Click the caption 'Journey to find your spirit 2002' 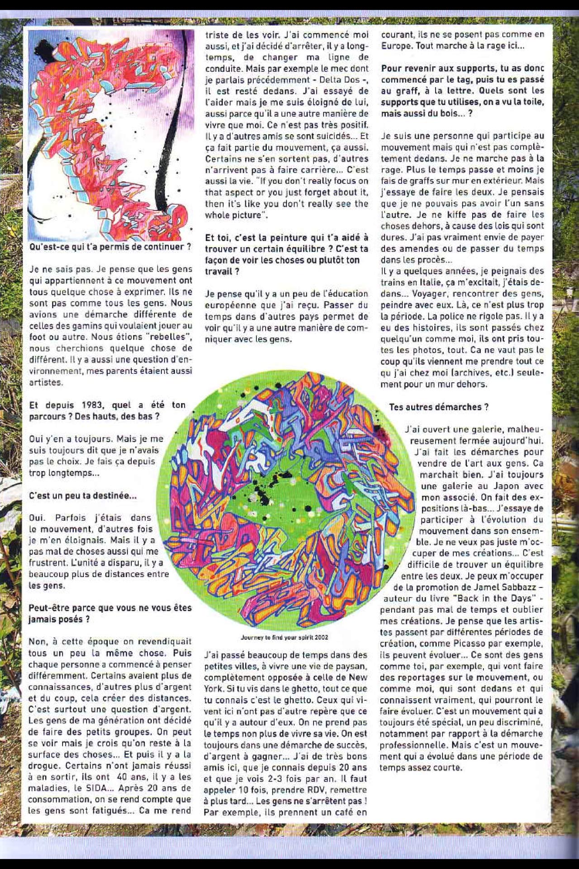285,637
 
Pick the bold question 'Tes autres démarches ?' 439,407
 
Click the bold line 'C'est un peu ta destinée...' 82,495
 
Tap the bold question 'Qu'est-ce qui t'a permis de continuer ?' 110,247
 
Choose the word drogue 43,766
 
